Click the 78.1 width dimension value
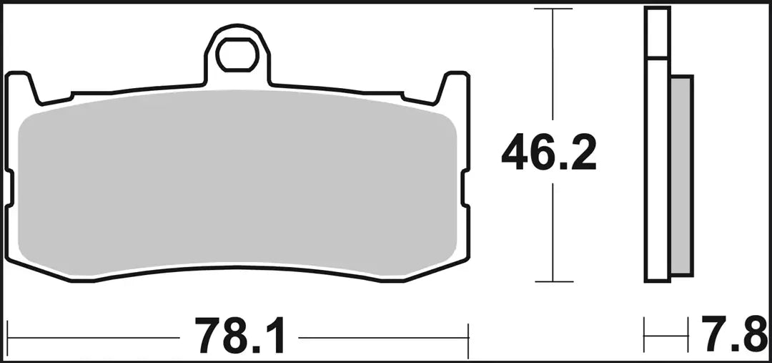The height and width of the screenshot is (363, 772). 239,336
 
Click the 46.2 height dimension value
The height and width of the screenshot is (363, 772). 548,153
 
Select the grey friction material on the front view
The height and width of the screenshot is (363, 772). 236,186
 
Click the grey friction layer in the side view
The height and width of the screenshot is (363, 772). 682,175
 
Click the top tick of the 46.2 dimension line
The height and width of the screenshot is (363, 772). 553,9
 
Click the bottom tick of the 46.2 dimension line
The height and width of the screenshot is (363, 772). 553,281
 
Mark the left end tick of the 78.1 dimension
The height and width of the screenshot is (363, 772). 7,336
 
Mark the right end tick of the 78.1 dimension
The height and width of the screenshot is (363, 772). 467,336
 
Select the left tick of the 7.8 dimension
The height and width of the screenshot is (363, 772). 645,336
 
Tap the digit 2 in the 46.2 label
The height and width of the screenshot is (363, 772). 582,153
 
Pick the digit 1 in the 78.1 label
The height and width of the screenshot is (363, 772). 274,336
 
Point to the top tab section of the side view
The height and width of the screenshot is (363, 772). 657,33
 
